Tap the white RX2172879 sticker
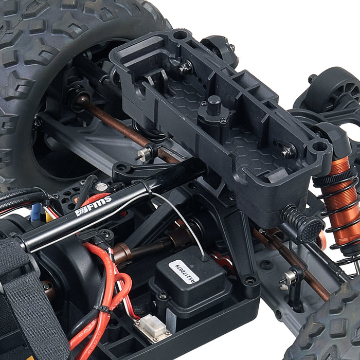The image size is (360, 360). (184, 271)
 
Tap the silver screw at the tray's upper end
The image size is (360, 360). (186, 66)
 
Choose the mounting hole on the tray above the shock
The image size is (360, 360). (319, 147)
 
